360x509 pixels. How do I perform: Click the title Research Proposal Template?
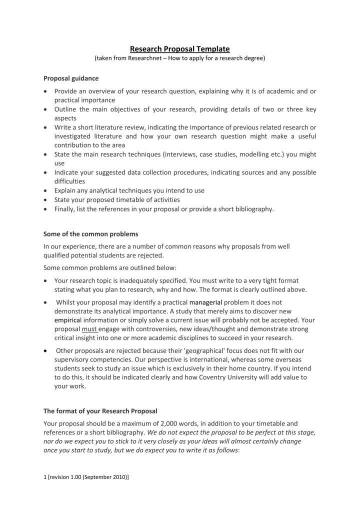pos(179,49)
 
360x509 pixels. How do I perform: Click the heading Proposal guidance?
pos(71,78)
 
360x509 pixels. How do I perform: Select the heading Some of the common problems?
pos(90,234)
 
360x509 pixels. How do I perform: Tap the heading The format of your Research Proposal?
pos(100,411)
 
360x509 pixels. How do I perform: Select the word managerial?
pos(205,302)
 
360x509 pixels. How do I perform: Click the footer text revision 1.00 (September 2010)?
pos(88,477)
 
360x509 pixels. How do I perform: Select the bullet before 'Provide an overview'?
pos(46,91)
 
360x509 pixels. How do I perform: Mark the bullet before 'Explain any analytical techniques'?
pos(46,190)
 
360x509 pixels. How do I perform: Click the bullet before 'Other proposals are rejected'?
pos(46,350)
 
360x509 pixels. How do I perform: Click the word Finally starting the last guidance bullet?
pos(65,209)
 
